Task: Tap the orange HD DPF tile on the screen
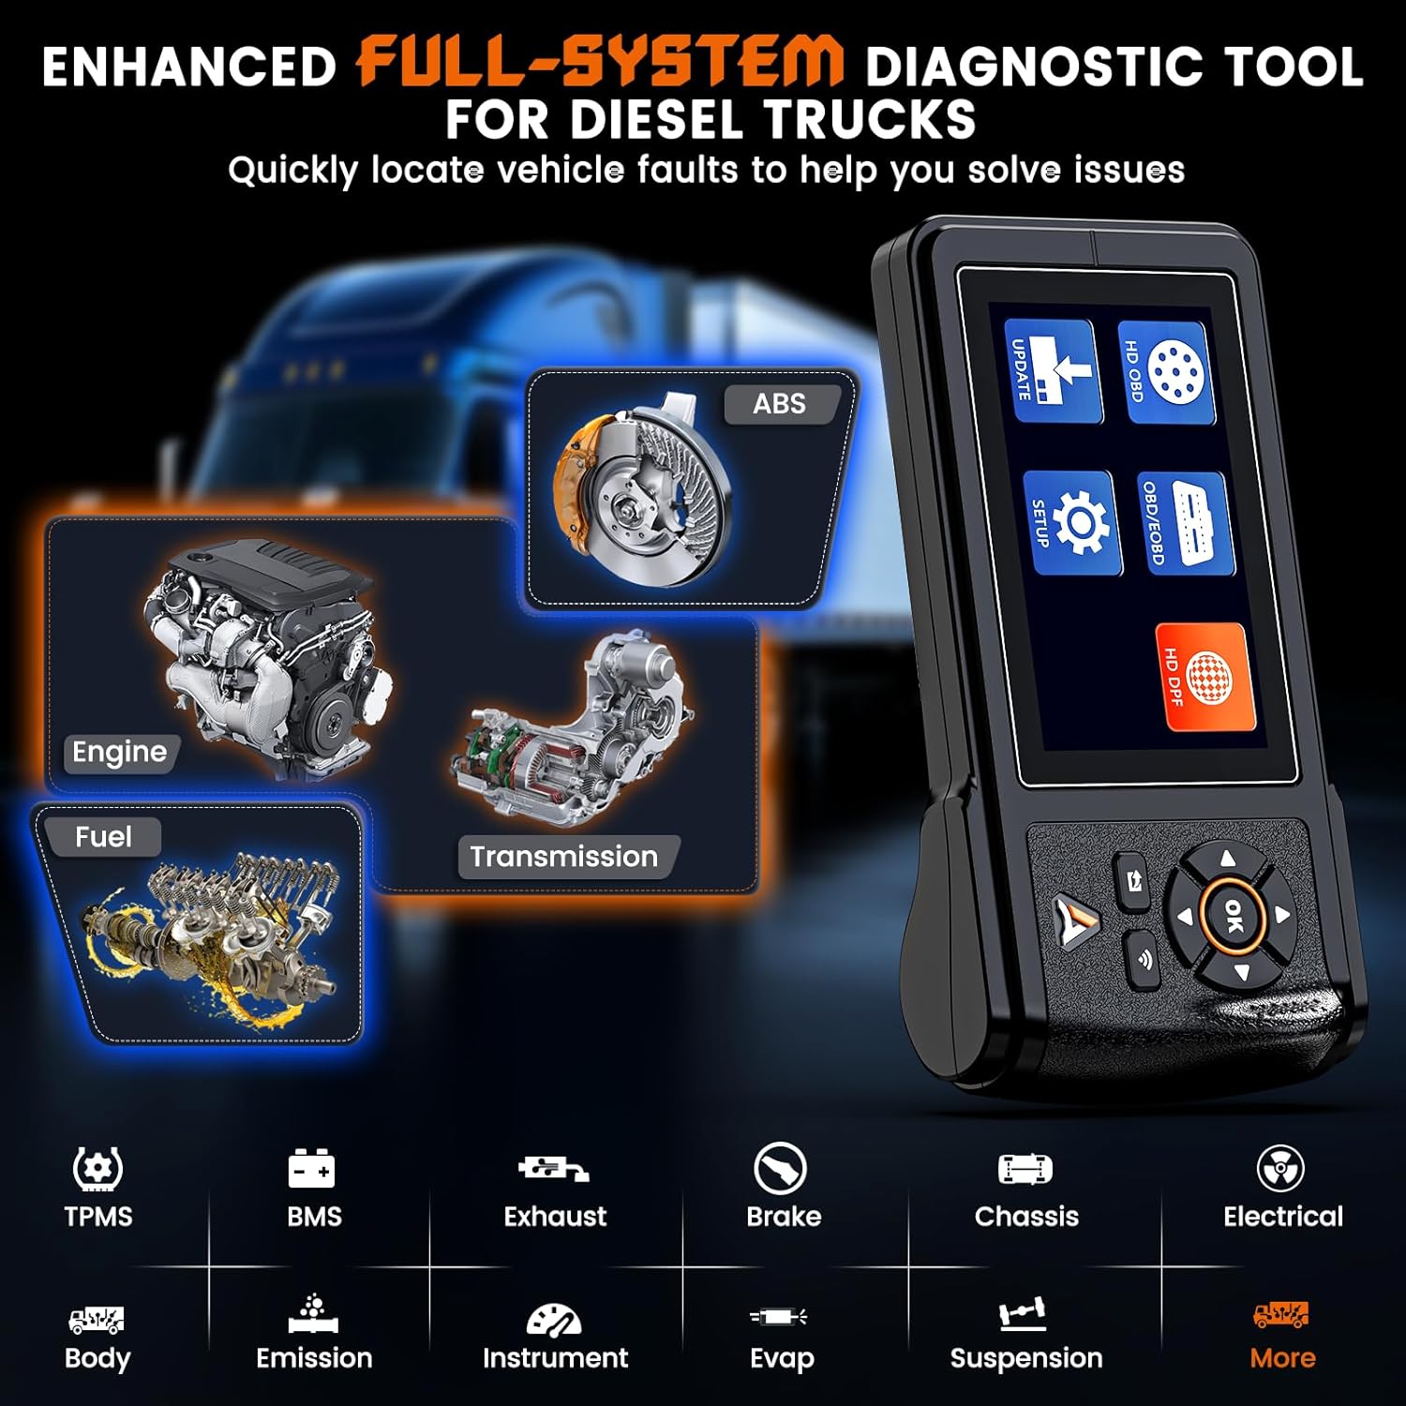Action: coord(1205,677)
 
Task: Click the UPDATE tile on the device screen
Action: coord(1054,371)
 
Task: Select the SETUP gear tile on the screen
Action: coord(1072,522)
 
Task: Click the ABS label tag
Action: coord(779,404)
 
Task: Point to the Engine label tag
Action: coord(119,752)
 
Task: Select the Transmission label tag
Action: coord(564,857)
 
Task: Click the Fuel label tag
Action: coord(103,836)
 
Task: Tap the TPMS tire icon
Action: coord(97,1169)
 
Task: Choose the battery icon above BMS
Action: coord(311,1169)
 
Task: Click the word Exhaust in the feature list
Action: coord(555,1217)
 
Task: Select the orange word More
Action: coord(1282,1358)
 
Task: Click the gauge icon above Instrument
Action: coord(553,1319)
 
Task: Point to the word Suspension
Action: coord(1026,1358)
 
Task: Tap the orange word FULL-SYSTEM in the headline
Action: coord(601,64)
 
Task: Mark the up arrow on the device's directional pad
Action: coord(1227,858)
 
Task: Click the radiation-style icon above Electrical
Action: coord(1280,1169)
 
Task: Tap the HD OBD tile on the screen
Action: coord(1166,372)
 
